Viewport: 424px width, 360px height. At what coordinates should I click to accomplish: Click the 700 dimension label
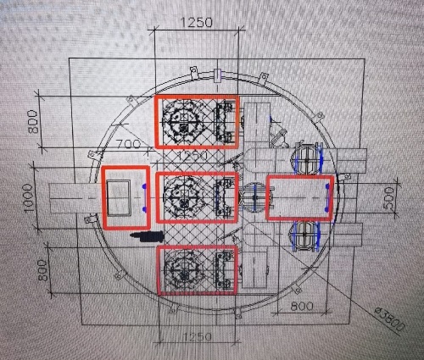[x=129, y=144]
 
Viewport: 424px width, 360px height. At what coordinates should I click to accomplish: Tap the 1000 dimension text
[x=29, y=197]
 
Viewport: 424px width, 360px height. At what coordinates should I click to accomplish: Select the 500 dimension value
[x=389, y=197]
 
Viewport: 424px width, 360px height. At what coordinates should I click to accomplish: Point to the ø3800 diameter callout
[x=390, y=319]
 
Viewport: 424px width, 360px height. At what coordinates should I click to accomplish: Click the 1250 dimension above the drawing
[x=196, y=22]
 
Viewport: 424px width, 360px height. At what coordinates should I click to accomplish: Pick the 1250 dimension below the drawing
[x=198, y=336]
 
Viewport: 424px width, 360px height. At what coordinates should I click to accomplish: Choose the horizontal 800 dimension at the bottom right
[x=302, y=306]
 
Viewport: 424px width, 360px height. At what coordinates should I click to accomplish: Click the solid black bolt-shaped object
[x=147, y=236]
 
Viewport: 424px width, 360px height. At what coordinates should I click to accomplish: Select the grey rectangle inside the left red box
[x=119, y=198]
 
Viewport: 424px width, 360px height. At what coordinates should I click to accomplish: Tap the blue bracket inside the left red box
[x=144, y=197]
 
